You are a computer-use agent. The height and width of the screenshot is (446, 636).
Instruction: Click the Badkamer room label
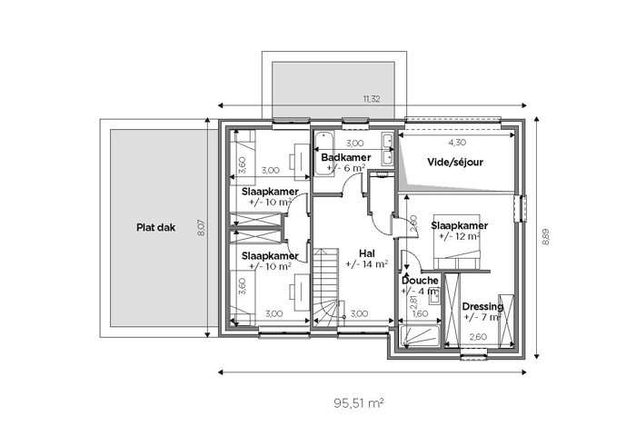coord(346,157)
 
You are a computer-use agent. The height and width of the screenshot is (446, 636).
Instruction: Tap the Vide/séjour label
coord(455,163)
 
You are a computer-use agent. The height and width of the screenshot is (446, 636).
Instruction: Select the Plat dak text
coord(155,227)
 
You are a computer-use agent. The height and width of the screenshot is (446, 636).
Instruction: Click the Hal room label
coord(367,253)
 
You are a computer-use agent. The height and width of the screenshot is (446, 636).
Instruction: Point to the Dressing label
coord(482,307)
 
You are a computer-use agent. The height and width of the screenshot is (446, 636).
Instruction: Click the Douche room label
coord(420,280)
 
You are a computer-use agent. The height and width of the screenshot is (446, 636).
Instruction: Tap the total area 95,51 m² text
coord(359,403)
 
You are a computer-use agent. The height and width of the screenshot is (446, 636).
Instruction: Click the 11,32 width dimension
coord(372,99)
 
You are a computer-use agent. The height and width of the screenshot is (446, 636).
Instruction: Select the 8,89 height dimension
coord(546,237)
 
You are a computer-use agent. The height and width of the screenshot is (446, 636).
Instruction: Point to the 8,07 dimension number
coord(201,227)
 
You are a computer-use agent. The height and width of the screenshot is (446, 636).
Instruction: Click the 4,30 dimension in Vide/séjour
coord(457,143)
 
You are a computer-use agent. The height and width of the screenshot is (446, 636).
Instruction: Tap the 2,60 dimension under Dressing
coord(478,337)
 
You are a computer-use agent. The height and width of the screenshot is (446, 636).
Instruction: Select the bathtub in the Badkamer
coord(324,154)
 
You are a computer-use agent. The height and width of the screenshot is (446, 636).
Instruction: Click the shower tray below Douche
coord(420,336)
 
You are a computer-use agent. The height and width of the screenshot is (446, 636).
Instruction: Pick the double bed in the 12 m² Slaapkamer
coord(457,242)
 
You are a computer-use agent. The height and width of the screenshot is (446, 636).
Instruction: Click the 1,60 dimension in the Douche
coord(420,313)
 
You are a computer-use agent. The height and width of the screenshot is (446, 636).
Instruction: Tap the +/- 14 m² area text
coord(367,264)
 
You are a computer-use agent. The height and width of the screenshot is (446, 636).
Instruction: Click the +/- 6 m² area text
coord(346,168)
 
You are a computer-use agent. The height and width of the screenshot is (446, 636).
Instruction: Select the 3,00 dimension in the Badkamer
coord(355,144)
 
